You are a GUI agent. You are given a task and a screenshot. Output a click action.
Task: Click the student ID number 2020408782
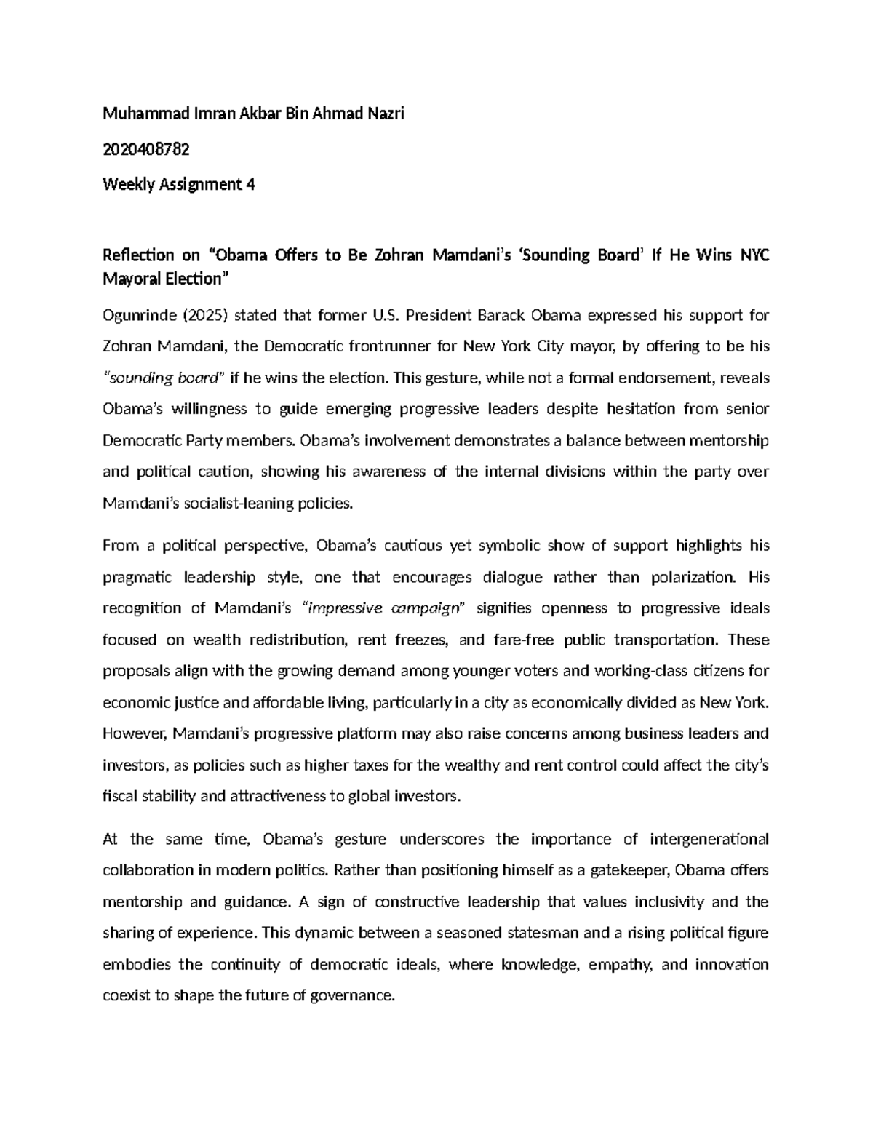point(146,149)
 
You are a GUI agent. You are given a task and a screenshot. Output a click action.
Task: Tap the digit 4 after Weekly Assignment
point(250,184)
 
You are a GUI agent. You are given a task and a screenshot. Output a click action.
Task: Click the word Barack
point(502,315)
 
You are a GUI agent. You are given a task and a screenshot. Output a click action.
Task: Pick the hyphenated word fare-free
point(524,640)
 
